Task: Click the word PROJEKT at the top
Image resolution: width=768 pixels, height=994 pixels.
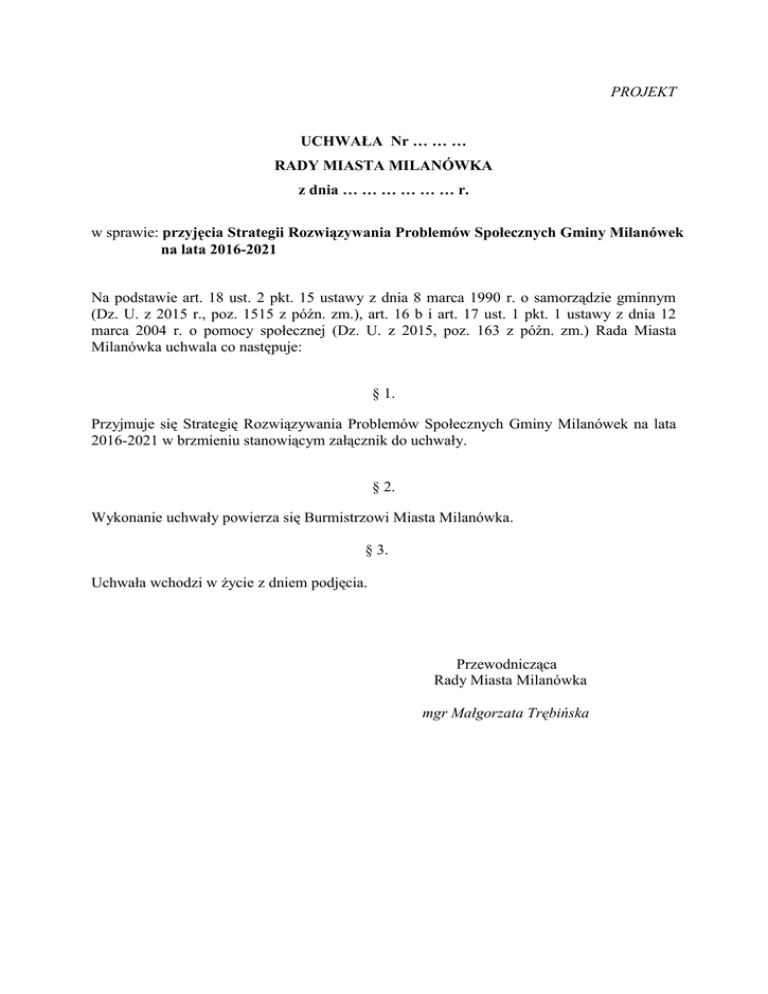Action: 644,92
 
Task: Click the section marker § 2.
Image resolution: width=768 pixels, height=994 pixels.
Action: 383,487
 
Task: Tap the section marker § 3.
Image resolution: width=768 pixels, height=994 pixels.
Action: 383,550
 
